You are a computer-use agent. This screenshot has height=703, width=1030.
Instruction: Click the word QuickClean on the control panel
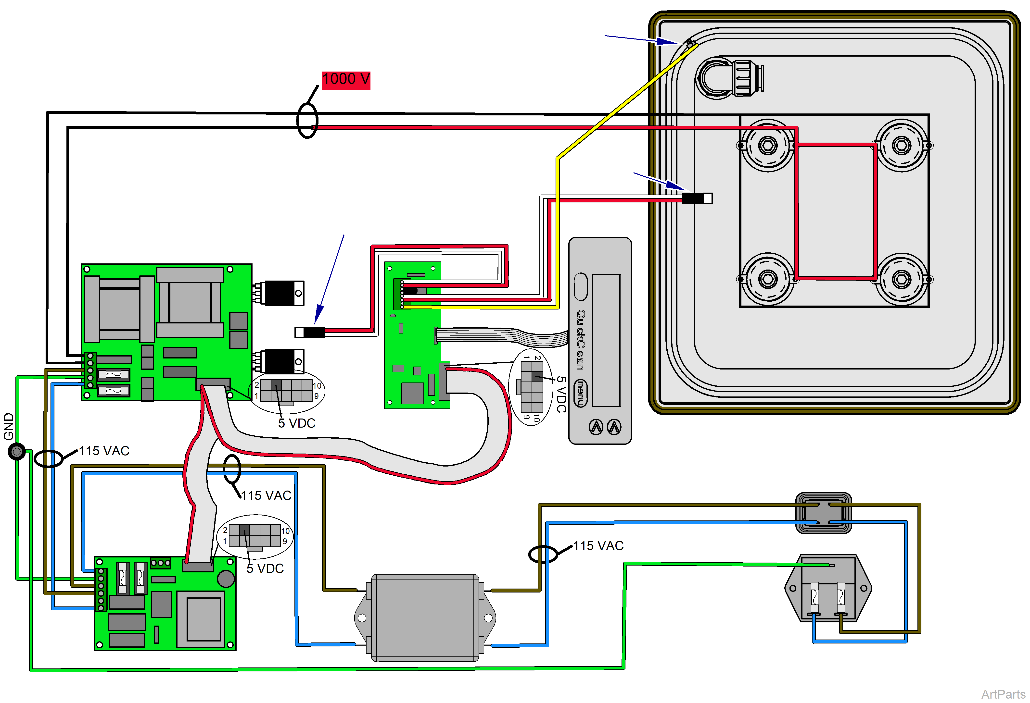pyautogui.click(x=581, y=340)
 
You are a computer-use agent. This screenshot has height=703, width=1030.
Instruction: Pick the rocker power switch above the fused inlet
pyautogui.click(x=824, y=513)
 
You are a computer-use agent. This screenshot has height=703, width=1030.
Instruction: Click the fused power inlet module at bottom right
pyautogui.click(x=828, y=588)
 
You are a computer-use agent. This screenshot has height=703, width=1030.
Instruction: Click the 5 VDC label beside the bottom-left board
pyautogui.click(x=265, y=568)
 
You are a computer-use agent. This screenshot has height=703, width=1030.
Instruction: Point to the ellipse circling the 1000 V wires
pyautogui.click(x=307, y=121)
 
